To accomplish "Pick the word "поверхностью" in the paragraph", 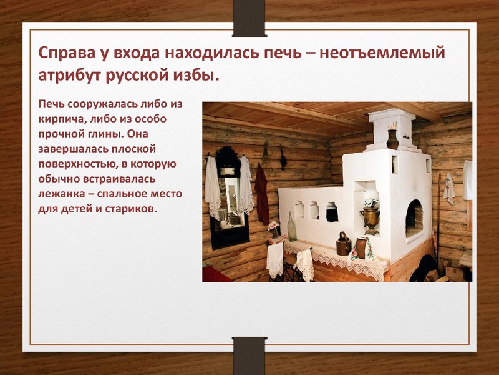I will coord(77,164).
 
